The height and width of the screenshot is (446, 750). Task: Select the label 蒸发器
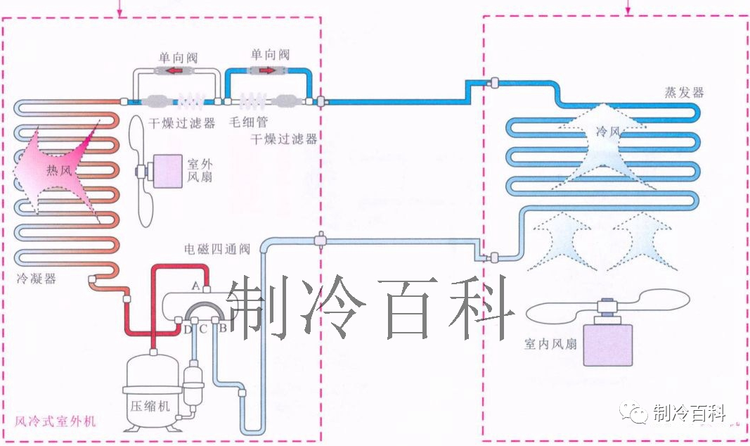click(684, 93)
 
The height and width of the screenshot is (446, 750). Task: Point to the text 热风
click(59, 170)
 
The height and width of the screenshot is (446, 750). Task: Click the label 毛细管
click(246, 122)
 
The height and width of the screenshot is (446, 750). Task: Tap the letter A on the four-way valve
click(196, 284)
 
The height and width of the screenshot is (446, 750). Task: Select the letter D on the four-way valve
click(188, 329)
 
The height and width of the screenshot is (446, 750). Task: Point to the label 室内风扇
click(550, 344)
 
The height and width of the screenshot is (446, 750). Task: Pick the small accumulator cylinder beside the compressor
click(192, 383)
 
